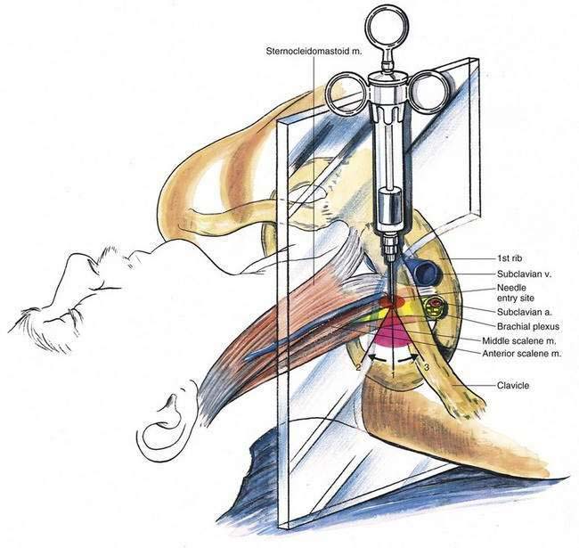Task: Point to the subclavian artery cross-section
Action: pos(435,308)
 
